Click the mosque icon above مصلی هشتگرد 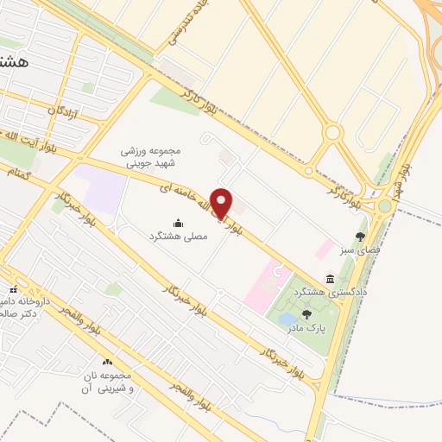coord(179,223)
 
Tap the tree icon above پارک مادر coord(306,313)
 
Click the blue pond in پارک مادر coord(286,320)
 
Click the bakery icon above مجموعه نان coord(108,363)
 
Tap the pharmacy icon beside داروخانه coord(12,290)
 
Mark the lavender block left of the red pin coord(103,189)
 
